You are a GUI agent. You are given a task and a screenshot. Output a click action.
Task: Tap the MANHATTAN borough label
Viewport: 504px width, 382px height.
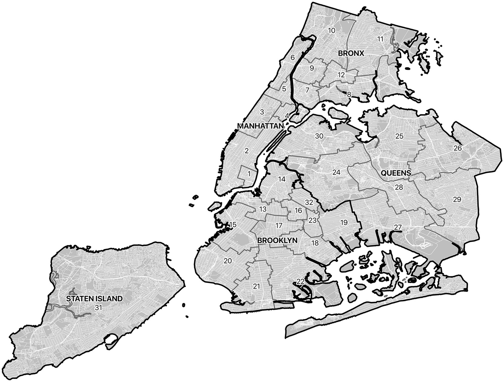(x=260, y=126)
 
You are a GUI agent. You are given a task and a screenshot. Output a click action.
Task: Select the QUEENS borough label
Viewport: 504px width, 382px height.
(x=396, y=173)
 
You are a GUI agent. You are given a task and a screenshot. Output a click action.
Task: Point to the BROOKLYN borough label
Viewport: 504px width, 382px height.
(x=277, y=240)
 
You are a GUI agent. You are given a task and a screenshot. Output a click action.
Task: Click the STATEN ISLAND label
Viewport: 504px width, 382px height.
(x=94, y=299)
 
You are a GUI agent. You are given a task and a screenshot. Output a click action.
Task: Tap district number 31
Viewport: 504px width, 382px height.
(x=98, y=308)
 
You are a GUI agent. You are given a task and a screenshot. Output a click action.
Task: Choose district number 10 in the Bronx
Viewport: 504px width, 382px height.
(x=332, y=30)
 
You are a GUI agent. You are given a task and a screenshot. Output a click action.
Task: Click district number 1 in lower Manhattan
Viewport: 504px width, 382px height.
(x=249, y=174)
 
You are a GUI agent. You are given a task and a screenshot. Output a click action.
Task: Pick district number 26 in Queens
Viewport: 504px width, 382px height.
(x=457, y=148)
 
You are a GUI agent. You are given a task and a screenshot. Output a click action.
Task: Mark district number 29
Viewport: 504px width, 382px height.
(x=457, y=200)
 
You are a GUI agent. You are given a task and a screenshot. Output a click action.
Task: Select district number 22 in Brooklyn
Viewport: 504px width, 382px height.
(x=300, y=281)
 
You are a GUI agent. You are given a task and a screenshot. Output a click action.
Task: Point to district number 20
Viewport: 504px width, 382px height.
(x=228, y=261)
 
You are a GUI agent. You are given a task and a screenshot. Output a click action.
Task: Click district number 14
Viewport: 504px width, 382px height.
(x=282, y=179)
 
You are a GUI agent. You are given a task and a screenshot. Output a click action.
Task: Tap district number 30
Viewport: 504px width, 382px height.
(x=319, y=136)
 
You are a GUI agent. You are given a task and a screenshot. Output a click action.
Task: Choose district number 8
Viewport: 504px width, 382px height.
(x=349, y=95)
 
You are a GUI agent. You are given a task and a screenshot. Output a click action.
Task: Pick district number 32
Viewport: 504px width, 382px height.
(x=309, y=202)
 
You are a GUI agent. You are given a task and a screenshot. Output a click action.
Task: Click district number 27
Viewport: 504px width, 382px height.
(x=397, y=227)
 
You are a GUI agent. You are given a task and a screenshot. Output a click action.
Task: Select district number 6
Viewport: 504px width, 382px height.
(x=293, y=57)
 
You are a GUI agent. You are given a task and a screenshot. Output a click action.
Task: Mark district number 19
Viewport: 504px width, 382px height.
(x=344, y=222)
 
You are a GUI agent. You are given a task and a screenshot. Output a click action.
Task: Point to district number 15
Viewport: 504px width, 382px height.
(x=233, y=225)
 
